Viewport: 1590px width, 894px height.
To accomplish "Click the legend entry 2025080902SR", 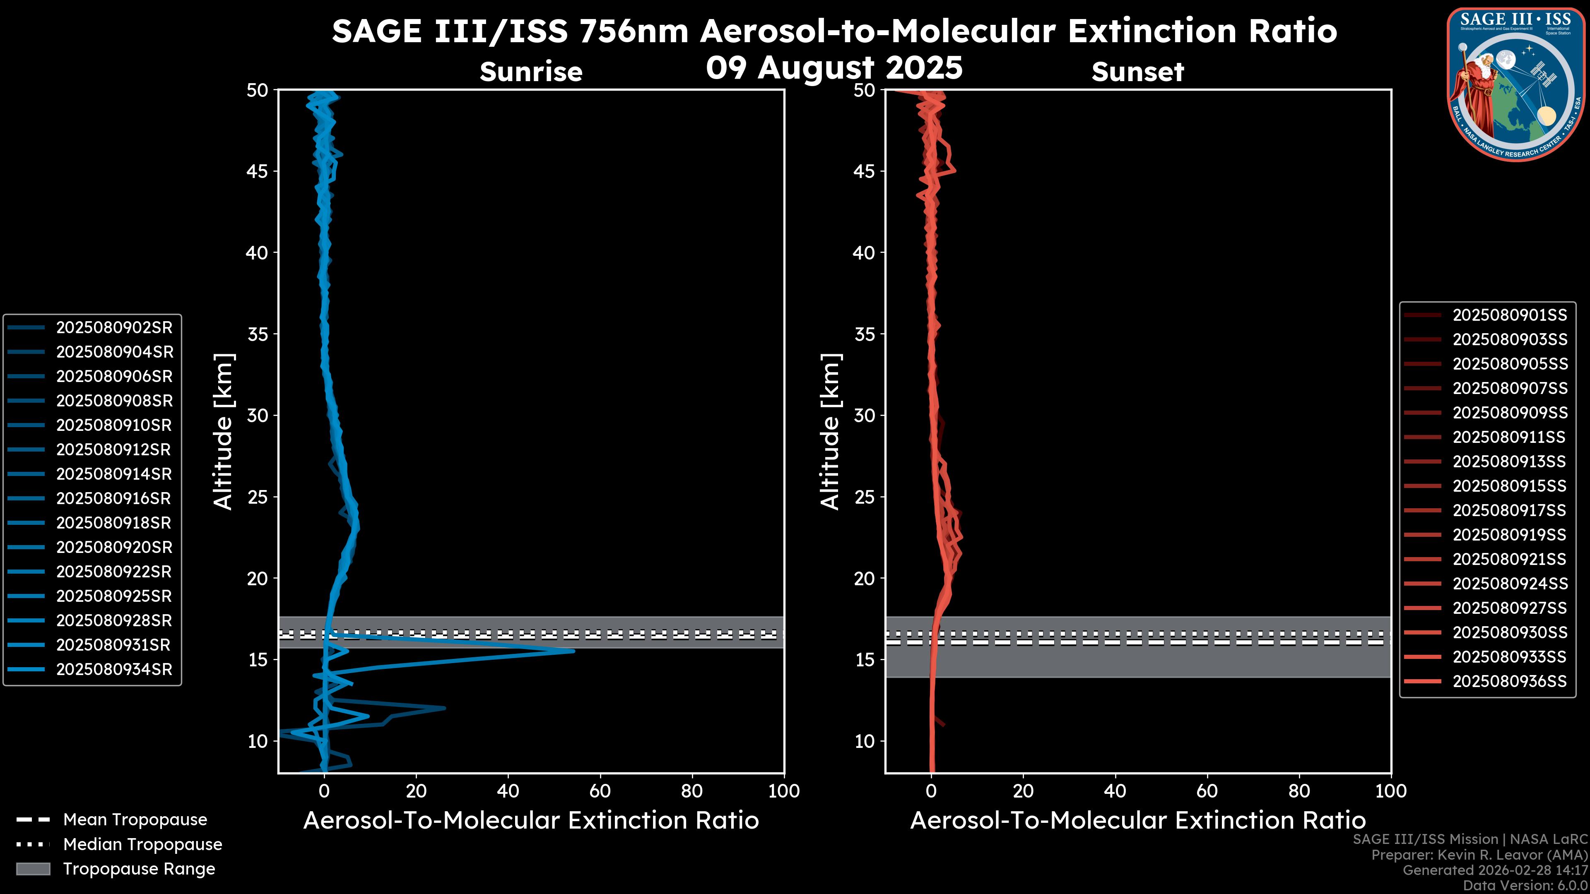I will pyautogui.click(x=114, y=328).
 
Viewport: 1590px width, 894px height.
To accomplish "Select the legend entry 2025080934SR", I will pyautogui.click(x=114, y=669).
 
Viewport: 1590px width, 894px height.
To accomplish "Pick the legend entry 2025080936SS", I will pyautogui.click(x=1509, y=681).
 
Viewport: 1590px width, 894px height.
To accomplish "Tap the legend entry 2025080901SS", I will pyautogui.click(x=1509, y=315).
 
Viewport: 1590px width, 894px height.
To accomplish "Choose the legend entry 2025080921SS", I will pyautogui.click(x=1509, y=559).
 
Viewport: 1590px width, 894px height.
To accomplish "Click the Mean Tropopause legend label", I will pyautogui.click(x=135, y=819).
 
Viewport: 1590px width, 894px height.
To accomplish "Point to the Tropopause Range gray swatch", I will pyautogui.click(x=33, y=869).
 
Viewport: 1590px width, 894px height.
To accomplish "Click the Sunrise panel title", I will pyautogui.click(x=531, y=72).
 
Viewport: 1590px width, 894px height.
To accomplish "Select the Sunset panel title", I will pyautogui.click(x=1137, y=72).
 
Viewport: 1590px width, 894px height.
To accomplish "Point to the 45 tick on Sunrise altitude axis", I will pyautogui.click(x=258, y=171).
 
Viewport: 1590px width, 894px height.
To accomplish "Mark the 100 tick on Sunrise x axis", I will pyautogui.click(x=783, y=791).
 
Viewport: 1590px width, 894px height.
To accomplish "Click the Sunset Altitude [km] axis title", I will pyautogui.click(x=830, y=431).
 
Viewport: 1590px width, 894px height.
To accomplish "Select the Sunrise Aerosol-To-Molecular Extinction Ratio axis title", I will pyautogui.click(x=531, y=821).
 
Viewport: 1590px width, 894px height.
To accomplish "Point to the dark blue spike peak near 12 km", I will pyautogui.click(x=444, y=708).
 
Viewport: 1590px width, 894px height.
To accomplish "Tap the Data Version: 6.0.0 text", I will pyautogui.click(x=1525, y=885).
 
